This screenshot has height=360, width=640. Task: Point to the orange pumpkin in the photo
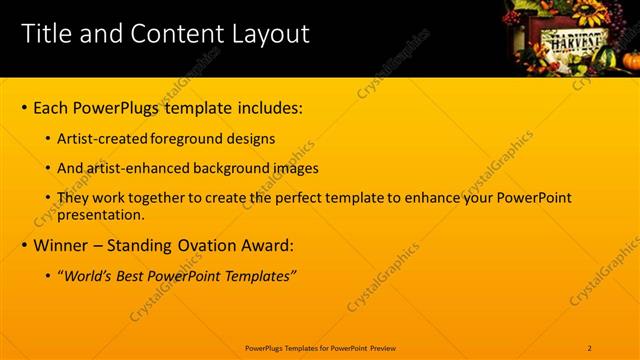coord(631,61)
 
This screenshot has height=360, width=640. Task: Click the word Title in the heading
coord(44,34)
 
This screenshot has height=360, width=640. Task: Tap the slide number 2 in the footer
coord(590,348)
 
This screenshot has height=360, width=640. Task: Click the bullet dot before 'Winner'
coord(24,245)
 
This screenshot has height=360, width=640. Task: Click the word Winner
coord(62,245)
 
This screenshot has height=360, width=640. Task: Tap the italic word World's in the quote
coord(88,276)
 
